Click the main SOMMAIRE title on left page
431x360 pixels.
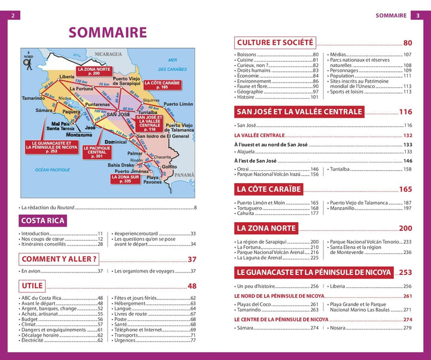pyautogui.click(x=108, y=32)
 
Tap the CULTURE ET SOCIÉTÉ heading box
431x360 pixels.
pyautogui.click(x=275, y=43)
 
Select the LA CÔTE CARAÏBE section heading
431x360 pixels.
pyautogui.click(x=269, y=189)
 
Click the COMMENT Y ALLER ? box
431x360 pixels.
pyautogui.click(x=59, y=259)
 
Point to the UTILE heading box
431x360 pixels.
pyautogui.click(x=32, y=286)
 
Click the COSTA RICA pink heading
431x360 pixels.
pyautogui.click(x=43, y=220)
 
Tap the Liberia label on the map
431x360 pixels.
pyautogui.click(x=67, y=77)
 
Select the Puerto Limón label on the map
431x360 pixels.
pyautogui.click(x=178, y=104)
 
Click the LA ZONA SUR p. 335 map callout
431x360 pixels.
pyautogui.click(x=125, y=178)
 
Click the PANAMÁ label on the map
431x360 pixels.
pyautogui.click(x=184, y=175)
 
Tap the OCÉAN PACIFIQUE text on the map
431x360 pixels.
pyautogui.click(x=53, y=170)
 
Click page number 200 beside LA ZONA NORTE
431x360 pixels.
pyautogui.click(x=405, y=228)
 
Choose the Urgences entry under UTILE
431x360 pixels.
pyautogui.click(x=126, y=341)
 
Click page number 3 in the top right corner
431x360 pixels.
pyautogui.click(x=418, y=16)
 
